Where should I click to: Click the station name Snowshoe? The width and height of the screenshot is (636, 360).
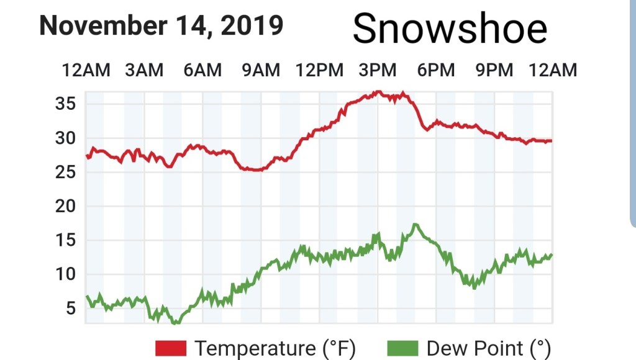click(450, 29)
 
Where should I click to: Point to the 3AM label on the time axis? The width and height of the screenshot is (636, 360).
click(144, 70)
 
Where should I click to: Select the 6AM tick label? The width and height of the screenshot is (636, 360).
click(202, 70)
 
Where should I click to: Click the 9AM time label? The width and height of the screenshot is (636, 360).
click(261, 70)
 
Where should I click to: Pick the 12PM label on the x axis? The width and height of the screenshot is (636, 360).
click(319, 70)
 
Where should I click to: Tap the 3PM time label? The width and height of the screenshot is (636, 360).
click(378, 70)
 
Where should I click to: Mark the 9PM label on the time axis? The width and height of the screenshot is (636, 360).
click(494, 70)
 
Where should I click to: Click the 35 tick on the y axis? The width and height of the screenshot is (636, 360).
click(66, 103)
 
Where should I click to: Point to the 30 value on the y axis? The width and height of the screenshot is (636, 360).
click(66, 138)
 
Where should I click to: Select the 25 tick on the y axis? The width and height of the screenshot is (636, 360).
click(66, 172)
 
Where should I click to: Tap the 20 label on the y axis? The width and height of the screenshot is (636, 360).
click(66, 206)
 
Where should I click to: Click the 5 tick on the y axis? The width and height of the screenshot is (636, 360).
click(70, 308)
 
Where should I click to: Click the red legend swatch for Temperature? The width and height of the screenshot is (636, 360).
click(171, 348)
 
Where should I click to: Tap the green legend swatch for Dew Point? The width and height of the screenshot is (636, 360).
click(403, 348)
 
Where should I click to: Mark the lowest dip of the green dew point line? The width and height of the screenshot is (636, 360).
click(176, 322)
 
